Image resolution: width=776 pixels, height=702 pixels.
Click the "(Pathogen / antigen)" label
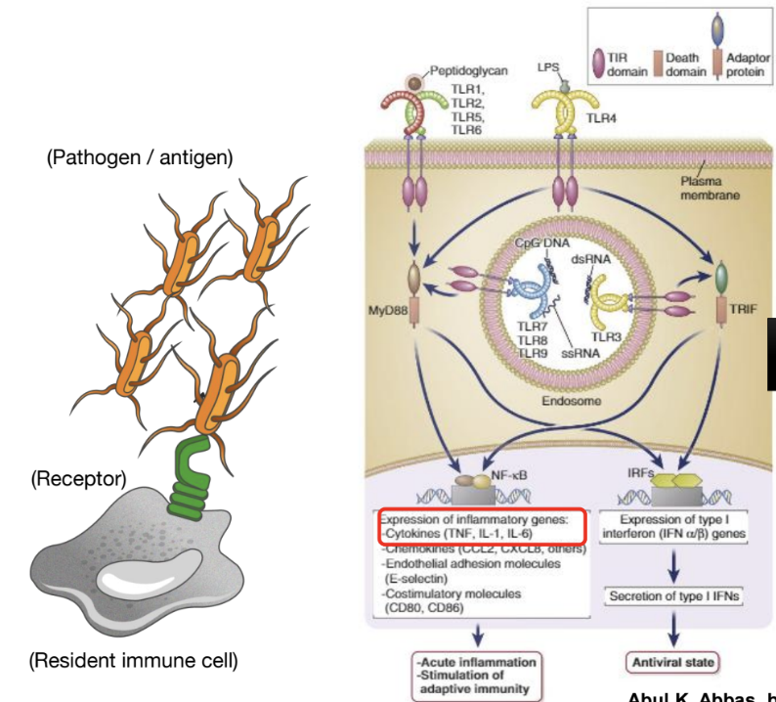pyautogui.click(x=140, y=158)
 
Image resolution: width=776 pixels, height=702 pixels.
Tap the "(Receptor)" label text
pyautogui.click(x=78, y=479)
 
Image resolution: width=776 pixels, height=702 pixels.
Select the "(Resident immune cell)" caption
pyautogui.click(x=133, y=661)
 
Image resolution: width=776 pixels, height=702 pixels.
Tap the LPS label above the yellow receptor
pyautogui.click(x=548, y=68)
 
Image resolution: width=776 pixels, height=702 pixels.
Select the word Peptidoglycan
pyautogui.click(x=464, y=71)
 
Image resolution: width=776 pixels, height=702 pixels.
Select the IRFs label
pyautogui.click(x=640, y=470)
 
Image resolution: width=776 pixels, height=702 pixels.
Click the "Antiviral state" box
pyautogui.click(x=674, y=663)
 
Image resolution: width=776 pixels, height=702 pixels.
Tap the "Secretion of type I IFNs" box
pyautogui.click(x=673, y=595)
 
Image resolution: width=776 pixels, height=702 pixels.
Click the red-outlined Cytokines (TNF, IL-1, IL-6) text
pyautogui.click(x=479, y=534)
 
